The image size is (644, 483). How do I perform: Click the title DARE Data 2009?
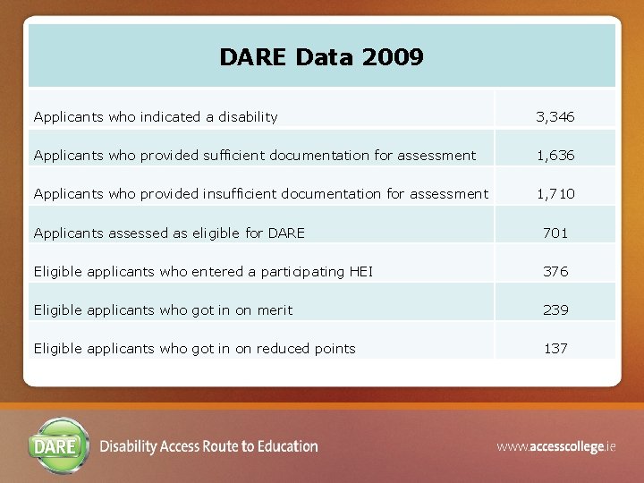click(x=321, y=58)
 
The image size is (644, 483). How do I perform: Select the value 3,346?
click(x=555, y=117)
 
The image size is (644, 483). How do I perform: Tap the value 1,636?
click(x=555, y=156)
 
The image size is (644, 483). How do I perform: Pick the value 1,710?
click(x=555, y=194)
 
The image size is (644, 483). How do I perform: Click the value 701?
click(x=555, y=233)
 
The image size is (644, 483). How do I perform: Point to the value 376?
click(x=555, y=272)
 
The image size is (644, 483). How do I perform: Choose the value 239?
click(x=555, y=310)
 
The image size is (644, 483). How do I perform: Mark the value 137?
click(x=555, y=349)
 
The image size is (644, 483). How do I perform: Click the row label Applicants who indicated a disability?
click(x=156, y=117)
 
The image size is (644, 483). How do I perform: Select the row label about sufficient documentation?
click(x=255, y=156)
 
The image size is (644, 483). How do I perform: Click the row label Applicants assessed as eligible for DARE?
click(x=169, y=233)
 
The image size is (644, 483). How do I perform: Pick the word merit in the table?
click(x=275, y=310)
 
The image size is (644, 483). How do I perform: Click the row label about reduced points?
click(x=194, y=349)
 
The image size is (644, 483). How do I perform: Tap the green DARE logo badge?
click(x=61, y=445)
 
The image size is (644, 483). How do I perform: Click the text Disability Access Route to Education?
click(x=209, y=446)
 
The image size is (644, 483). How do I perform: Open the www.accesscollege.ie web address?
click(x=556, y=445)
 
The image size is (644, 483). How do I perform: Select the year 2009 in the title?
click(x=394, y=58)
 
